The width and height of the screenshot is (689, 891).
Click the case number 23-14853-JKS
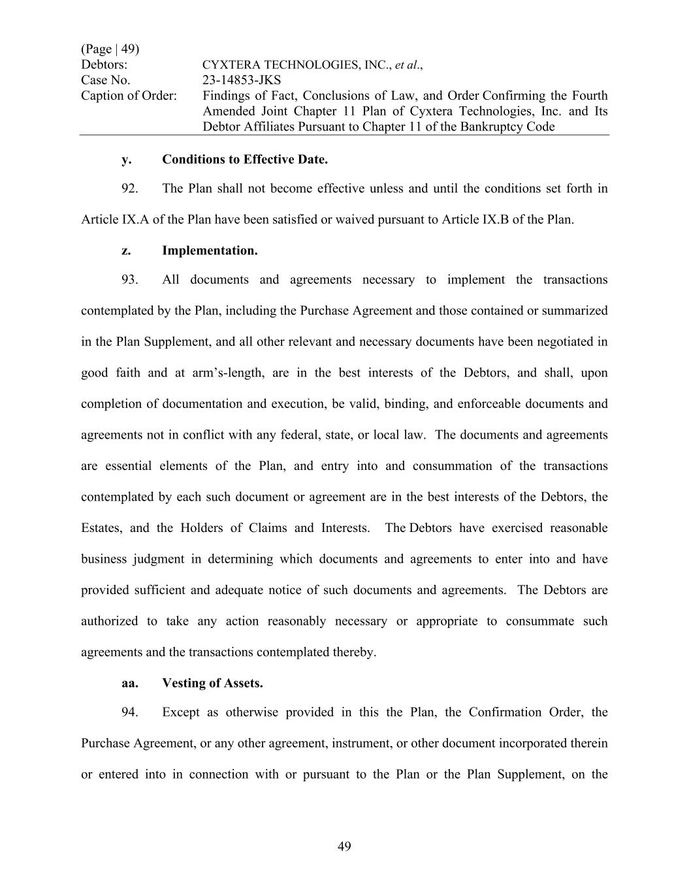[242, 80]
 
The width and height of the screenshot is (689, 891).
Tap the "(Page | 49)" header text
[110, 49]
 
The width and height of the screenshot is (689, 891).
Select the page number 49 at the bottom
[344, 847]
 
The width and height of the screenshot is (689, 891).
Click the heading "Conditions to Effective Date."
[245, 159]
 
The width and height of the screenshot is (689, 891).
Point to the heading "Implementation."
[210, 251]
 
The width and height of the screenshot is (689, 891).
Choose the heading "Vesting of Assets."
[212, 683]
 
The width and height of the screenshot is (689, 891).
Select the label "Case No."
[105, 80]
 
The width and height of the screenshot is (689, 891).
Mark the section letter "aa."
[129, 683]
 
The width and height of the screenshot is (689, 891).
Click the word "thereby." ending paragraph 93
[354, 652]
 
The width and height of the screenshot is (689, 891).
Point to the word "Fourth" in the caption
[590, 96]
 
